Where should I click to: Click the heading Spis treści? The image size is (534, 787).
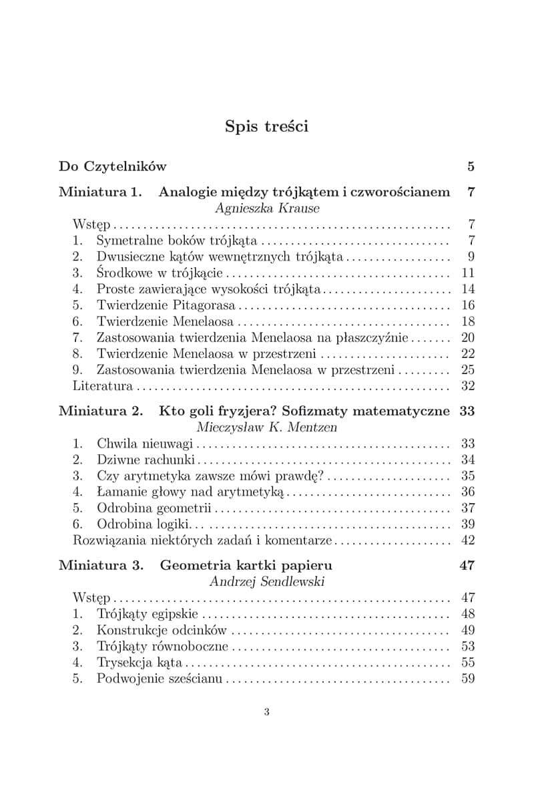[266, 126]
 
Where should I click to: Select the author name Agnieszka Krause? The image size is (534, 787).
[267, 208]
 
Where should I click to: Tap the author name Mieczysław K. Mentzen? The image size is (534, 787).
[267, 427]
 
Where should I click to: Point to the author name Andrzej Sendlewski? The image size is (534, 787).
[267, 581]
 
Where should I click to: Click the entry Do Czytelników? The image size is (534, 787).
[113, 166]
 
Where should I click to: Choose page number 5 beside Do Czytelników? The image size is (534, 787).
[471, 166]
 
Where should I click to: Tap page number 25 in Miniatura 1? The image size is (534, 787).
[467, 369]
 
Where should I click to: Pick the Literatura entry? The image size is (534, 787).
[103, 385]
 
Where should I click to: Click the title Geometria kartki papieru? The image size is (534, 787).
[246, 565]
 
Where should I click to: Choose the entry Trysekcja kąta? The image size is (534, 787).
[140, 662]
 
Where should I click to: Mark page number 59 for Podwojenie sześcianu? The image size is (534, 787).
[467, 679]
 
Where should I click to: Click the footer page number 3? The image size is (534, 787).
[267, 730]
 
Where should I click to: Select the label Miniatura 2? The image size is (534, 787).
[101, 411]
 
